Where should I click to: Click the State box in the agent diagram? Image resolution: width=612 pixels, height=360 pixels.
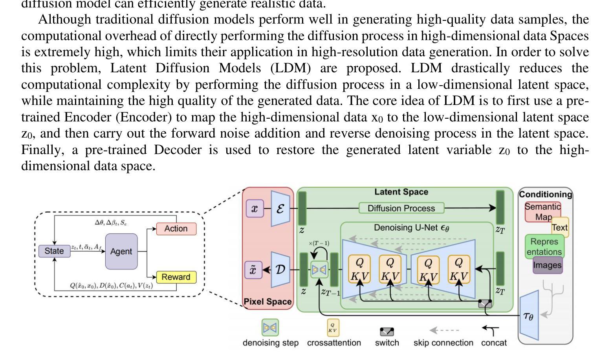(54, 251)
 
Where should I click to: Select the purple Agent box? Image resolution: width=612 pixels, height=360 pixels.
(121, 252)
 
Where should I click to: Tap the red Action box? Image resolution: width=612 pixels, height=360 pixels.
(176, 229)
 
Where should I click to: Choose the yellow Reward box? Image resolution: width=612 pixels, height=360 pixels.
(176, 277)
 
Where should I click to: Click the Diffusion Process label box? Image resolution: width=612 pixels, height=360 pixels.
(401, 208)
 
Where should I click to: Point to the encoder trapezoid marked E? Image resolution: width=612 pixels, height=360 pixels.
(280, 208)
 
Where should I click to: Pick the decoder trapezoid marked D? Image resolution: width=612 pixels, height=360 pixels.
(280, 270)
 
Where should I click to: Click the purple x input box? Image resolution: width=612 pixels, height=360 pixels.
(255, 208)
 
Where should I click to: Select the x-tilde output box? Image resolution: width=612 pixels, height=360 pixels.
(254, 270)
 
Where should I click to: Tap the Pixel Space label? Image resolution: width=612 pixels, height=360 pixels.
(268, 301)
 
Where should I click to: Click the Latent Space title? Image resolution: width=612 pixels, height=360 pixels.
(401, 192)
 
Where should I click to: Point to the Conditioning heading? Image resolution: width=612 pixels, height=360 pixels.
(546, 194)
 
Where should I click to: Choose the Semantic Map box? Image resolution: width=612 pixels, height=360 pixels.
(542, 211)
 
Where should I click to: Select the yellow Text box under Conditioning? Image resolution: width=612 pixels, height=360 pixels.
(560, 228)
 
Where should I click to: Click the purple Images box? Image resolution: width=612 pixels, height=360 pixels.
(547, 265)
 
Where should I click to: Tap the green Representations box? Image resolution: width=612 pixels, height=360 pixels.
(544, 247)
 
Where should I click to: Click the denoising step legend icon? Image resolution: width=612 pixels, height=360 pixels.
(270, 327)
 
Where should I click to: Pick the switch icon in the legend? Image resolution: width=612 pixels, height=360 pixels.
(387, 332)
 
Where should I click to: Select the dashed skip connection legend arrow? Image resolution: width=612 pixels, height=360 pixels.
(443, 331)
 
